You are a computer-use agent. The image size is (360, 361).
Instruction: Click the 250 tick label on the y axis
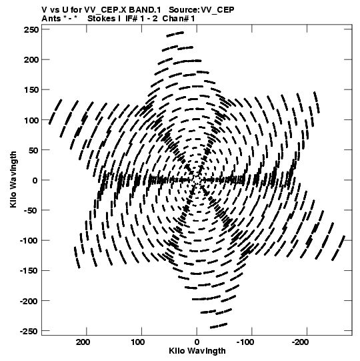tap(31, 29)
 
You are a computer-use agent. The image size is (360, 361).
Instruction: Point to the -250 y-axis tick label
tap(29, 331)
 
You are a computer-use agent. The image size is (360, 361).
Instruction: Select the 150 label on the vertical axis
tap(31, 90)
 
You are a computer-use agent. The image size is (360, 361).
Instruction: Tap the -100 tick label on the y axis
tap(29, 241)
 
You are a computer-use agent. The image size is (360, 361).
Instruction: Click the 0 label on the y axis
tap(35, 180)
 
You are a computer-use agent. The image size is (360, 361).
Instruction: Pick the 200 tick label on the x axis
tap(83, 342)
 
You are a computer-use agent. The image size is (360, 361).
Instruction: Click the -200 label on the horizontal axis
tap(300, 342)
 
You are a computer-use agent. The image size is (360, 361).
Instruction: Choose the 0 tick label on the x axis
tap(197, 342)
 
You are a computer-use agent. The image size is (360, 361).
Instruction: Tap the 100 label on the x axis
tap(138, 342)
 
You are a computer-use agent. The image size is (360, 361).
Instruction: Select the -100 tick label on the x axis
tap(245, 342)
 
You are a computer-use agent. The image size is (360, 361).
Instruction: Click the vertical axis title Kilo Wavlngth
tap(13, 179)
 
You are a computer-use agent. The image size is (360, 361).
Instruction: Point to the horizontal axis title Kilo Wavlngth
tap(197, 351)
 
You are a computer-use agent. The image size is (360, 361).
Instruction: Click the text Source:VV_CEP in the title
tap(201, 10)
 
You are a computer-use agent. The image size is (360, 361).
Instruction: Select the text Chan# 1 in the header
tap(179, 19)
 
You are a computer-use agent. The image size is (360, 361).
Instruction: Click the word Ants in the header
tap(51, 19)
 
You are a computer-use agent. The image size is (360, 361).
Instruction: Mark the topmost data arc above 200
tap(175, 34)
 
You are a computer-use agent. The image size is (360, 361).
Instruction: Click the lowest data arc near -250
tap(219, 326)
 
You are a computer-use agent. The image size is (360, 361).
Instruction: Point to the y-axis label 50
tap(33, 150)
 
